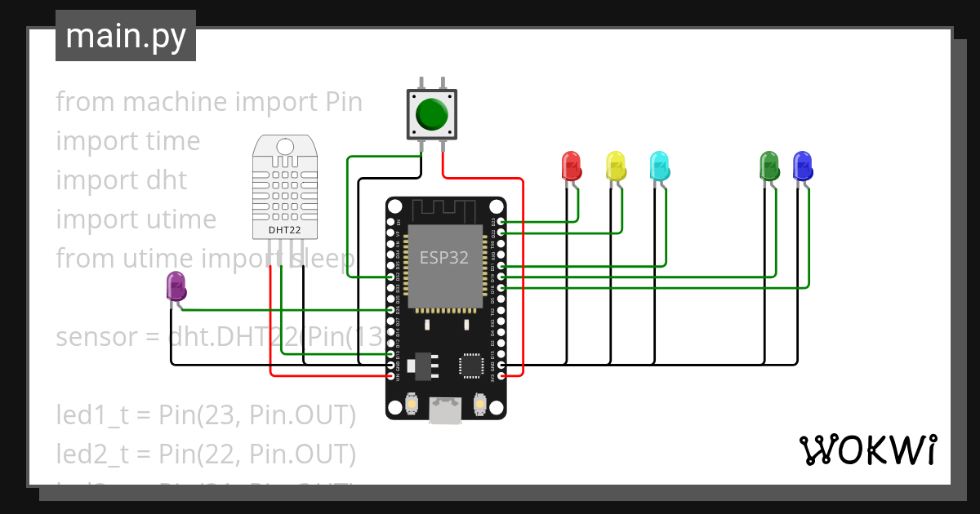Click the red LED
click(x=571, y=166)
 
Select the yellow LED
click(x=615, y=166)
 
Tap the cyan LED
click(x=658, y=166)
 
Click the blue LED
click(x=803, y=166)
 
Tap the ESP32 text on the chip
click(x=444, y=258)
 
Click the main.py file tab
click(x=125, y=37)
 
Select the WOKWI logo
click(x=867, y=450)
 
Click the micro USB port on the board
click(x=446, y=410)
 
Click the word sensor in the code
click(x=95, y=336)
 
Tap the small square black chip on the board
click(x=472, y=365)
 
